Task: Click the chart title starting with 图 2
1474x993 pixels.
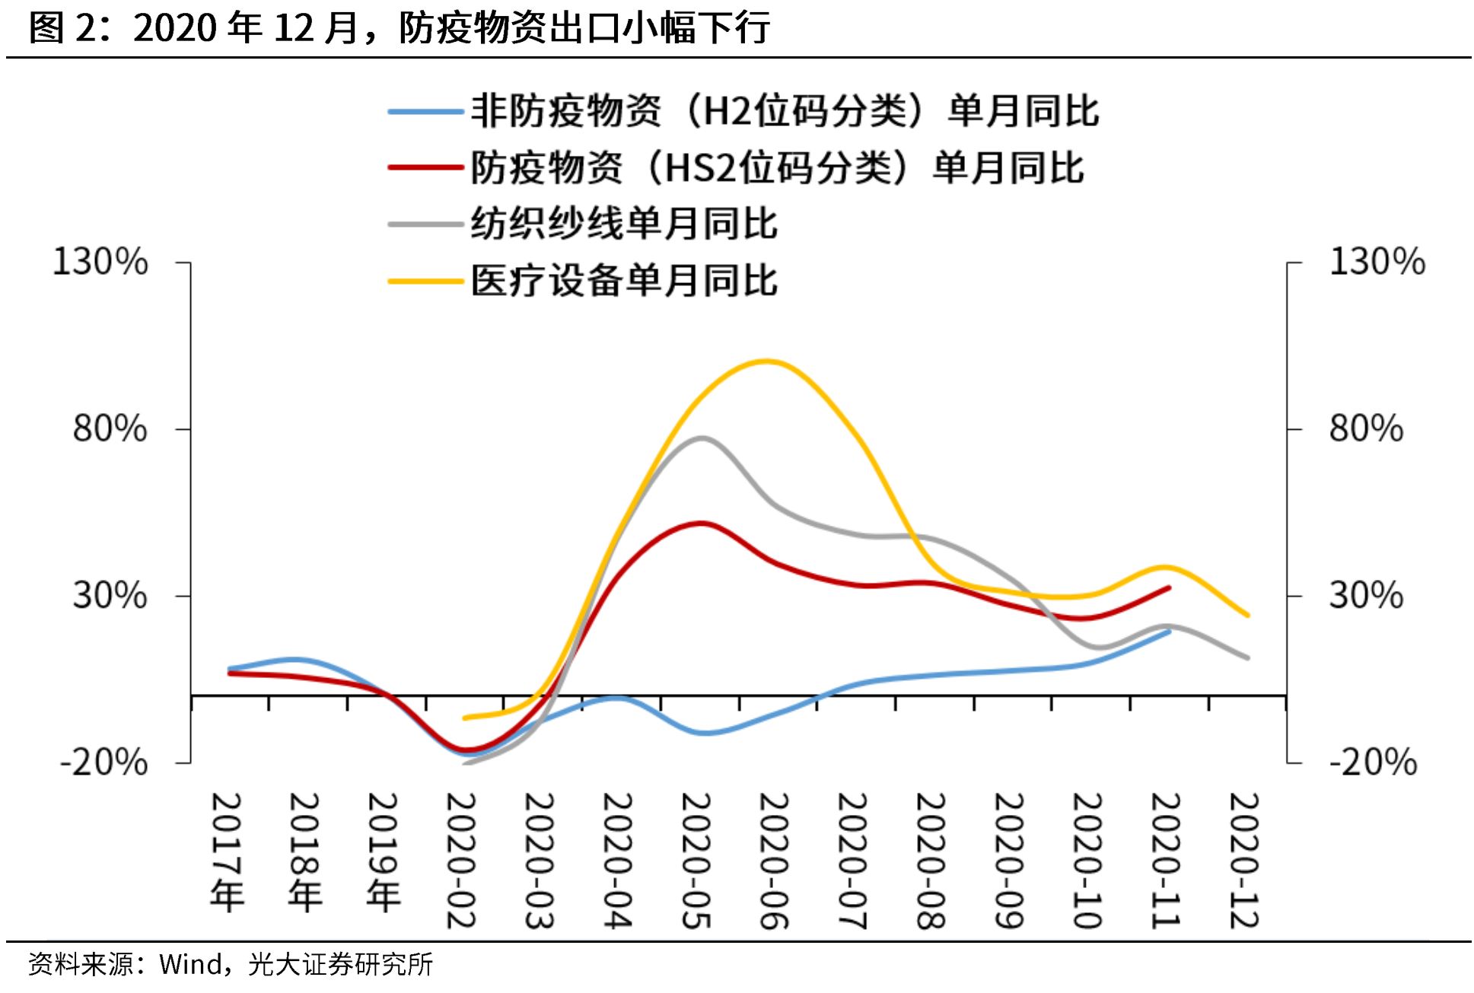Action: coord(400,28)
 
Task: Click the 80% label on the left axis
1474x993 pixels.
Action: coord(110,428)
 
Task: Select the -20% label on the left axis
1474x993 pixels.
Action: coord(104,762)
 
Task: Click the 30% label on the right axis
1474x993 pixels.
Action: coord(1366,595)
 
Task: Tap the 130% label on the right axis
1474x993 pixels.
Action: coord(1377,262)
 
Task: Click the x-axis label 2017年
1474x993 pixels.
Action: coord(227,852)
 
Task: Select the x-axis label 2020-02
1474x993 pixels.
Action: coord(461,861)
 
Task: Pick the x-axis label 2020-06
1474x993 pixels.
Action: coord(774,861)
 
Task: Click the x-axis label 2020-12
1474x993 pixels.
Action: coord(1244,861)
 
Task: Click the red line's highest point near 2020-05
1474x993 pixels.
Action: coord(702,524)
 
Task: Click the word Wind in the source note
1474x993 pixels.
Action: coord(189,965)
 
